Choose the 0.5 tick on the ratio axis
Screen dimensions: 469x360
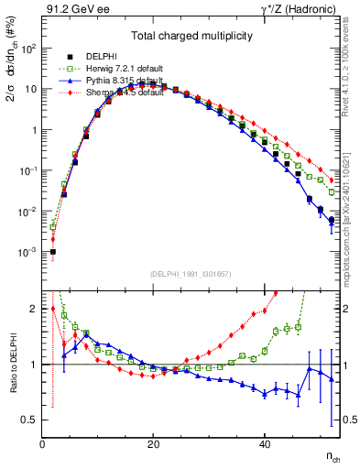point(30,420)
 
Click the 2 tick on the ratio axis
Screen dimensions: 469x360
point(34,309)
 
